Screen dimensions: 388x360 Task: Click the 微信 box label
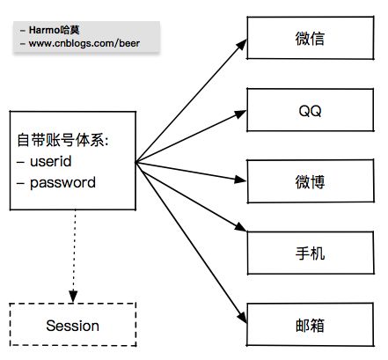pyautogui.click(x=310, y=39)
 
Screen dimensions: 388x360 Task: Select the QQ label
pyautogui.click(x=310, y=111)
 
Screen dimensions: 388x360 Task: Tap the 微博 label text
pyautogui.click(x=310, y=182)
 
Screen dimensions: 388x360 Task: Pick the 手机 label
pyautogui.click(x=310, y=253)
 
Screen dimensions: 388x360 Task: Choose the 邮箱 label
pyautogui.click(x=310, y=326)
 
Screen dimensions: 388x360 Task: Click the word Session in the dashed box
pyautogui.click(x=73, y=326)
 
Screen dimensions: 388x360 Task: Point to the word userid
pyautogui.click(x=51, y=161)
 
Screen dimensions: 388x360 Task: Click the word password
pyautogui.click(x=62, y=183)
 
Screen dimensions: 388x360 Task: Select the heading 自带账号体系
pyautogui.click(x=61, y=140)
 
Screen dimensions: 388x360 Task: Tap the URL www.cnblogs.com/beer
pyautogui.click(x=84, y=43)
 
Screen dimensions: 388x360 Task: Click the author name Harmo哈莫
pyautogui.click(x=54, y=30)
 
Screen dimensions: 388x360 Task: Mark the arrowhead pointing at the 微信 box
pyautogui.click(x=242, y=45)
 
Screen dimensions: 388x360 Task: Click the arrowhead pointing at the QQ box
pyautogui.click(x=241, y=114)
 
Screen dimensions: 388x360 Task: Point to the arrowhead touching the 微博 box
pyautogui.click(x=240, y=180)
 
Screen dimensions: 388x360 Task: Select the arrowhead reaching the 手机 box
pyautogui.click(x=241, y=227)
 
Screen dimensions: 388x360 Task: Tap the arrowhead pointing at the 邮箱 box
pyautogui.click(x=242, y=317)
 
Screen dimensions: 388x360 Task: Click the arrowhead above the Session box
pyautogui.click(x=73, y=297)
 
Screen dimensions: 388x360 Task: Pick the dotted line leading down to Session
pyautogui.click(x=74, y=250)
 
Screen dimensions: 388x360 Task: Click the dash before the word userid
pyautogui.click(x=20, y=162)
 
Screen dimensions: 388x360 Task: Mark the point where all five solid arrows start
pyautogui.click(x=136, y=162)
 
